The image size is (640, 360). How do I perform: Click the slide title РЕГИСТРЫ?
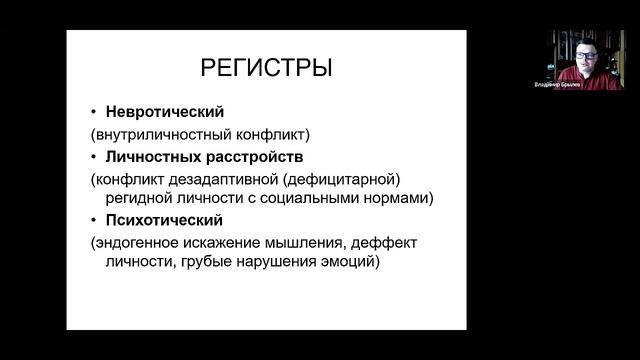[x=266, y=69]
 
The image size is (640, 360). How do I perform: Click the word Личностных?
[x=146, y=157]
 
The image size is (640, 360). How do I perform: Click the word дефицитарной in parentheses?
[x=336, y=179]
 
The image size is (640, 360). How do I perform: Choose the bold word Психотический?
[x=157, y=220]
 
